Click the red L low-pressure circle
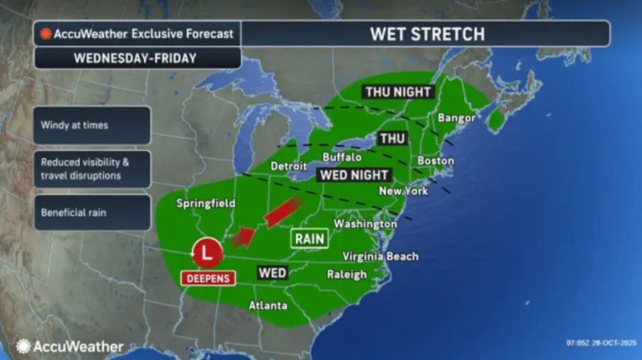click(x=208, y=253)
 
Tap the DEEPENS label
click(x=208, y=278)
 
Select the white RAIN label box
click(x=310, y=238)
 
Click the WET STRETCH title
click(x=427, y=33)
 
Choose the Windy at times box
click(x=92, y=125)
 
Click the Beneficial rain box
click(x=92, y=213)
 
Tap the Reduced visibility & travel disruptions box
click(x=92, y=169)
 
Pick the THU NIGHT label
click(x=397, y=92)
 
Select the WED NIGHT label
click(x=354, y=175)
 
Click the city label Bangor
click(x=456, y=117)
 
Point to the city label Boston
click(x=435, y=161)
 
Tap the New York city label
click(x=403, y=190)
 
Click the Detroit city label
click(x=288, y=166)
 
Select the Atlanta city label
click(x=268, y=305)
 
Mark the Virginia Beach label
click(x=380, y=256)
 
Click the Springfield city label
click(x=206, y=203)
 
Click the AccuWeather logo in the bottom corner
click(x=70, y=346)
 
